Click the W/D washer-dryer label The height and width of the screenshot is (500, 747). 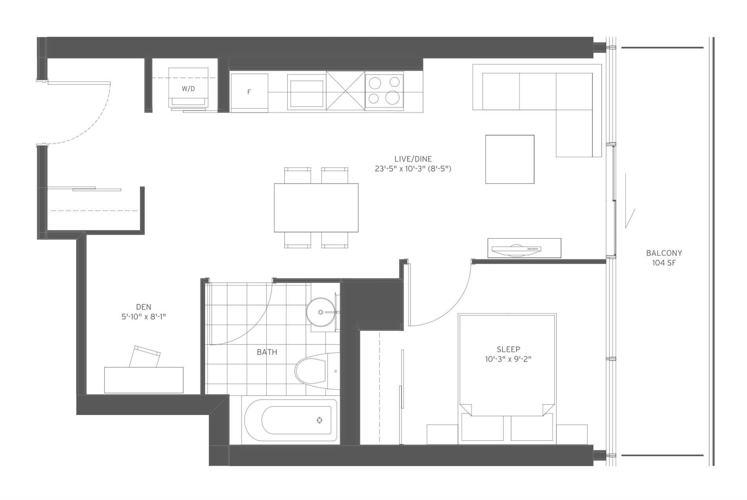tap(188, 89)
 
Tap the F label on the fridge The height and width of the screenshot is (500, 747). tap(249, 92)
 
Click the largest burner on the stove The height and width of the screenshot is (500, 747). tap(392, 97)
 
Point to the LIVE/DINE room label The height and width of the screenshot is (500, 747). tap(413, 159)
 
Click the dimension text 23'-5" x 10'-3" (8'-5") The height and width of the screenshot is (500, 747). tap(413, 169)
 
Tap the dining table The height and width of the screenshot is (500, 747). tap(316, 208)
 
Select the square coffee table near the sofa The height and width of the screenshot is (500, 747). tap(510, 159)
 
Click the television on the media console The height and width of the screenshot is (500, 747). tap(516, 248)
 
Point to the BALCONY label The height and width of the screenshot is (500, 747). tap(664, 253)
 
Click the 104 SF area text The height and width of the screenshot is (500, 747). tap(664, 263)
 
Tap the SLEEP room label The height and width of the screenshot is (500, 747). tap(508, 349)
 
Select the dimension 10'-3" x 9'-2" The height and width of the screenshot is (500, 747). tap(508, 359)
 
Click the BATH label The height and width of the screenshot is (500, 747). tap(267, 352)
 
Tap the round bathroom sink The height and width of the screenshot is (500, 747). tap(320, 312)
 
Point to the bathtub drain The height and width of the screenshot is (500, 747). tap(320, 420)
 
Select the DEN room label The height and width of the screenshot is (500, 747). tap(144, 307)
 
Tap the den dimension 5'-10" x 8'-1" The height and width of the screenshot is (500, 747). tap(144, 317)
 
